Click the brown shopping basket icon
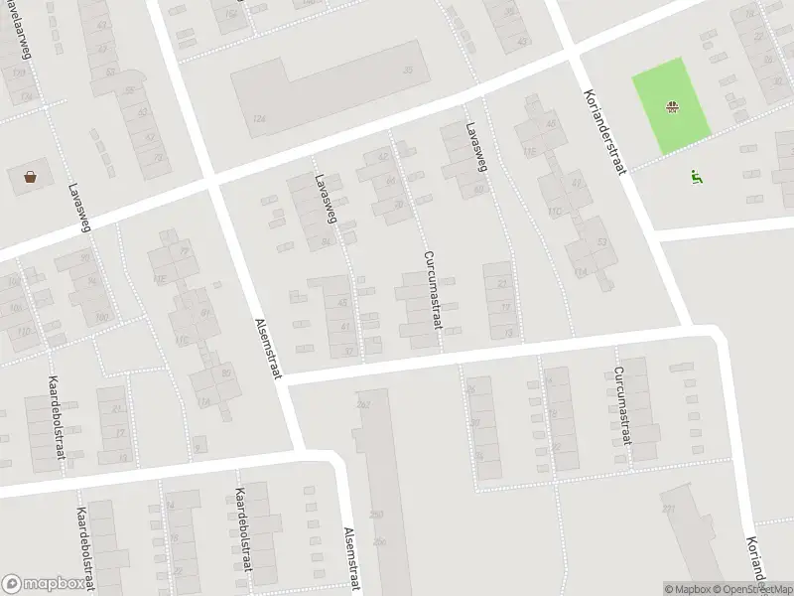click(x=31, y=178)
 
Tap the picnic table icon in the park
click(x=673, y=104)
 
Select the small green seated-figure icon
click(x=697, y=177)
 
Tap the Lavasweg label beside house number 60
click(x=475, y=148)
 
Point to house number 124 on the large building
click(x=260, y=118)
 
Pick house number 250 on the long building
click(x=376, y=514)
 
